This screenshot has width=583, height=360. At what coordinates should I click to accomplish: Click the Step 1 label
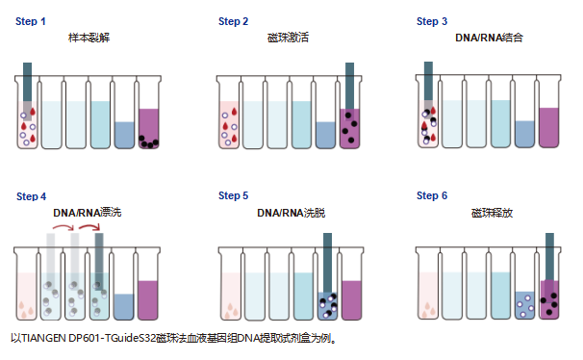tap(31, 21)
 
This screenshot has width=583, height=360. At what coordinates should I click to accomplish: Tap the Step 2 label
tap(233, 21)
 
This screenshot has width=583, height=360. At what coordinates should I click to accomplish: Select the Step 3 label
tap(432, 21)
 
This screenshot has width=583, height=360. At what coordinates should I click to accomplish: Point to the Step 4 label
tap(31, 196)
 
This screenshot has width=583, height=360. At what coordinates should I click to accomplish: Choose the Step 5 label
tap(233, 195)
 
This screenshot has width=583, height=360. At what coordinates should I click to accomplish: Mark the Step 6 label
tap(432, 195)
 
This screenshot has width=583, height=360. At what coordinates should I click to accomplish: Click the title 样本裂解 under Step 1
tap(89, 38)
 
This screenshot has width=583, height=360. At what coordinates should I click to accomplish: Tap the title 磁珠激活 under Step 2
tap(288, 38)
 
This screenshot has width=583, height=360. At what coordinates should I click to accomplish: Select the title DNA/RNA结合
tap(489, 38)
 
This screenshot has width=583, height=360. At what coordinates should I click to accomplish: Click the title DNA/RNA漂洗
tap(87, 213)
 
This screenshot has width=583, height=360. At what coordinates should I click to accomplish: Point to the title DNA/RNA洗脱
tap(291, 213)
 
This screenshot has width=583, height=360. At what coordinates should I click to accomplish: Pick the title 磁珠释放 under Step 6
tap(492, 213)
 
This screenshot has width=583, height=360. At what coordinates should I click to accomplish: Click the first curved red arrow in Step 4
tap(63, 226)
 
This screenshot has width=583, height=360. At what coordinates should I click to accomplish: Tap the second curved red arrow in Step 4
tap(89, 226)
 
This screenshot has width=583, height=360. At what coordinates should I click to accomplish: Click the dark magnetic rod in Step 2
tap(349, 87)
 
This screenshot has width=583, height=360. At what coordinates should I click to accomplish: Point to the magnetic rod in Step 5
tap(327, 264)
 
